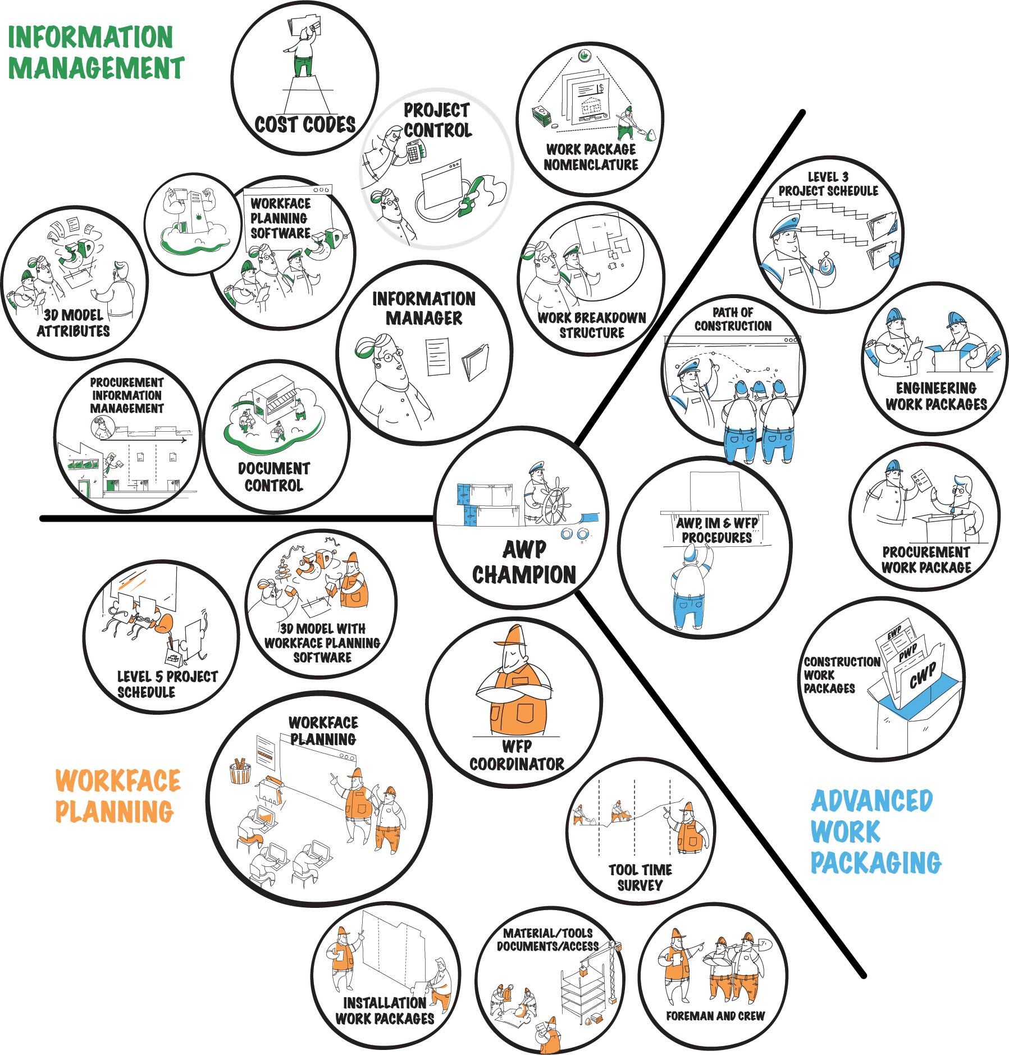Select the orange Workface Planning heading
point(117,796)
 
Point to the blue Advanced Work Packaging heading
point(875,832)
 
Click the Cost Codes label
point(305,124)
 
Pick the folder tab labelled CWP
point(923,674)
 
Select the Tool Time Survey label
point(640,877)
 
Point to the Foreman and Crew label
point(715,1016)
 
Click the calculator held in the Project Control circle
point(414,150)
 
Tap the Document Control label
point(273,477)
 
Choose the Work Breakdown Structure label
point(592,325)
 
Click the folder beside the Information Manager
point(475,362)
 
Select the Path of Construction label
point(733,319)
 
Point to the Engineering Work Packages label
point(935,396)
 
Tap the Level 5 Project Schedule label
point(166,684)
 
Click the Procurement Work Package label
point(926,559)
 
